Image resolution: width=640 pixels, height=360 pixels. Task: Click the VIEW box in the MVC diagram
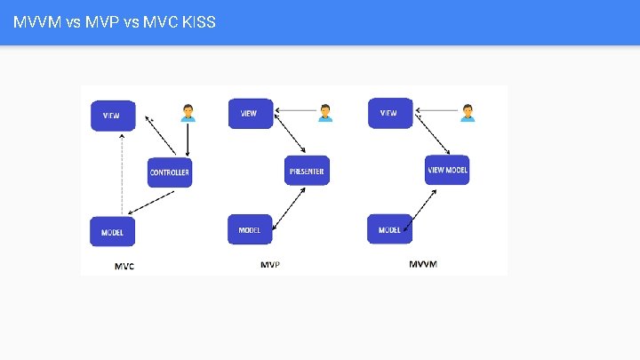coord(112,116)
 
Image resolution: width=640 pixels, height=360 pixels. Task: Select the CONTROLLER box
coord(170,172)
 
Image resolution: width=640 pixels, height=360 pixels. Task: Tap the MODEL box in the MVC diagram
coord(112,232)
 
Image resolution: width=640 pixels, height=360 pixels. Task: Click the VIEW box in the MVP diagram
coord(249,114)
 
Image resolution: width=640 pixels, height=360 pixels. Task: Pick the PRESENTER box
coord(307,171)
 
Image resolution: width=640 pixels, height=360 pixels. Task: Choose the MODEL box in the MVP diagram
coord(250,229)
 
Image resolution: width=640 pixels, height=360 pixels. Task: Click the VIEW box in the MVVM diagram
coord(389,114)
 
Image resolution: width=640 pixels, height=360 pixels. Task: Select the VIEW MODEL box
coord(447,170)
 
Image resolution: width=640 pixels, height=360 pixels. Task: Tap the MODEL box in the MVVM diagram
coord(389,229)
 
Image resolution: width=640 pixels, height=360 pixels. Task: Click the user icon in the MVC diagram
coord(188,113)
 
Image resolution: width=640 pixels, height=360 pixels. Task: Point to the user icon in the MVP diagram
coord(326,112)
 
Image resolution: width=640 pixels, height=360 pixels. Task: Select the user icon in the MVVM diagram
coord(468,112)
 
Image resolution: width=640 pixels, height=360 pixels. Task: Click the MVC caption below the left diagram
coord(124,266)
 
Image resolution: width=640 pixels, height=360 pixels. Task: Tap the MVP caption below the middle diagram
coord(270,265)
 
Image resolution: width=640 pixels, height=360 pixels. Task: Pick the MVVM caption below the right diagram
coord(422,264)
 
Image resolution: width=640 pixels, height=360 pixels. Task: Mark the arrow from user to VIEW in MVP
coord(296,112)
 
